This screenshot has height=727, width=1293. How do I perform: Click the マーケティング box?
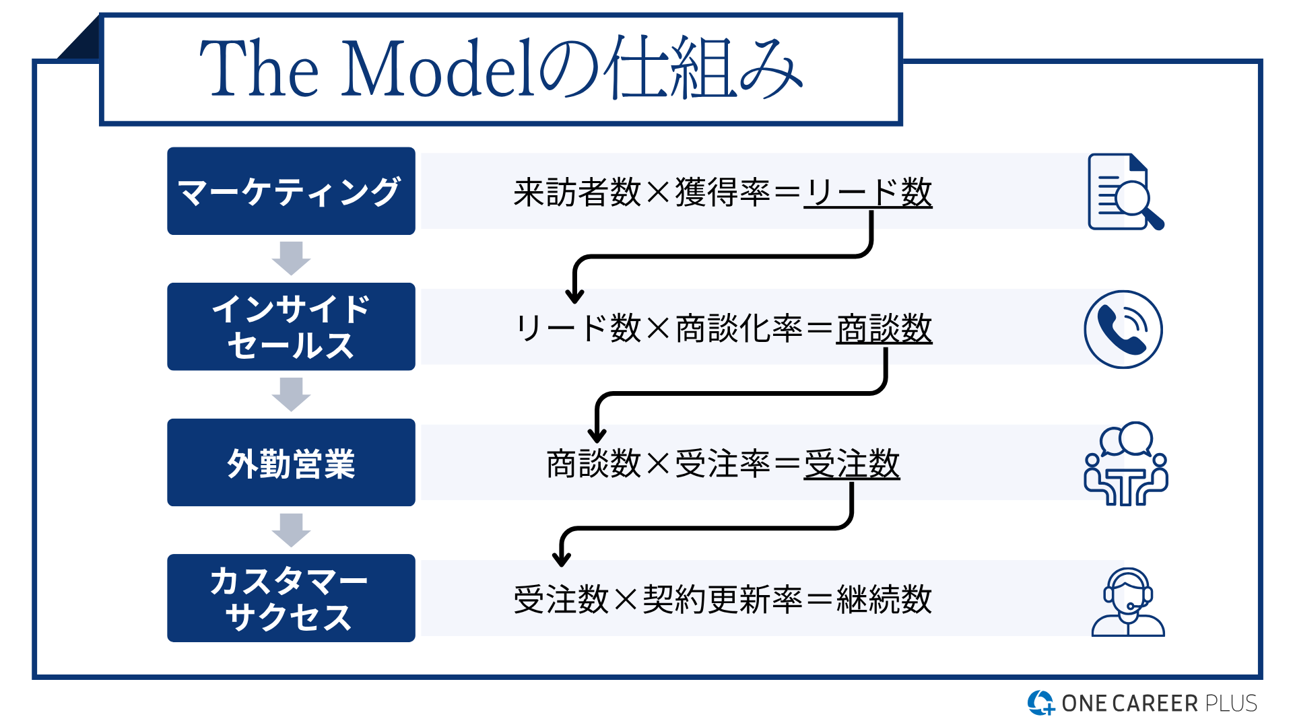click(291, 191)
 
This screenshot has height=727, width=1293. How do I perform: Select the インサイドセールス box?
click(291, 326)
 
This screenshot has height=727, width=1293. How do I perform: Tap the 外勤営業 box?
click(291, 462)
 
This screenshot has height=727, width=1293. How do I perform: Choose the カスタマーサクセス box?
click(291, 598)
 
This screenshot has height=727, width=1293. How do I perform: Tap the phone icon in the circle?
click(1123, 329)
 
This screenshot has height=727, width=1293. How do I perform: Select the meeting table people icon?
click(1126, 464)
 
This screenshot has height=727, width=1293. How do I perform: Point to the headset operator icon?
click(1128, 602)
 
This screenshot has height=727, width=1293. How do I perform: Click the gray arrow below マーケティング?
click(291, 258)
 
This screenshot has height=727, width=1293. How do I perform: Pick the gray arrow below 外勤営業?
click(291, 530)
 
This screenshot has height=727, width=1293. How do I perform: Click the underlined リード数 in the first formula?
click(868, 193)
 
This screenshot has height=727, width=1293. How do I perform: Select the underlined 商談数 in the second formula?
click(884, 329)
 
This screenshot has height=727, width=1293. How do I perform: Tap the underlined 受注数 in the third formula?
click(852, 464)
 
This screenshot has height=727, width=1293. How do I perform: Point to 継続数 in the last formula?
click(884, 599)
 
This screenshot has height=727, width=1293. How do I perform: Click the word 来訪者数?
click(577, 193)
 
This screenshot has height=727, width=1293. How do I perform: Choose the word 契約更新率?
click(723, 599)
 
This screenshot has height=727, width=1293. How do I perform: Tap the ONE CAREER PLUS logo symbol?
click(1040, 703)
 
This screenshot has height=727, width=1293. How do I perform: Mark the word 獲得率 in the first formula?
click(723, 193)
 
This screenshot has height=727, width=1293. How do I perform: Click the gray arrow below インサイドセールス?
click(291, 394)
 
